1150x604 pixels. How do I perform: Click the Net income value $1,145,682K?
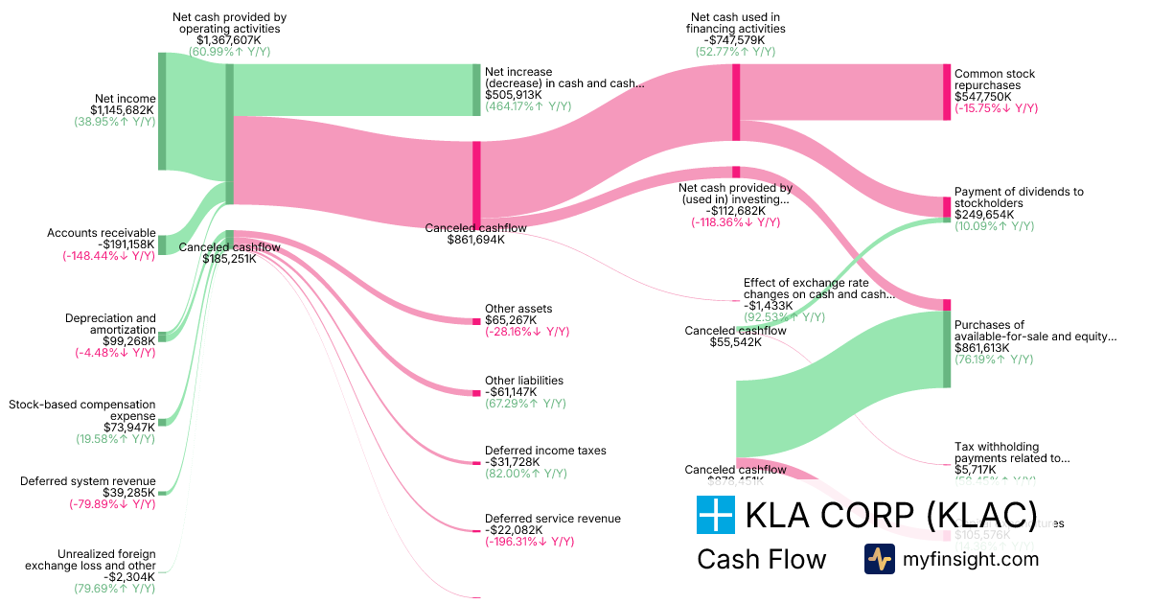point(122,110)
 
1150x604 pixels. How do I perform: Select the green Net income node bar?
point(162,111)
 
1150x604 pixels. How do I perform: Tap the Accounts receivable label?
point(101,233)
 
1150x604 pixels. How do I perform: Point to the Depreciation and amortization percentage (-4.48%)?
point(115,353)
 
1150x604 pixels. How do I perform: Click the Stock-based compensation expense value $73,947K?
point(128,428)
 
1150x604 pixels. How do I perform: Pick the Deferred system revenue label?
point(87,481)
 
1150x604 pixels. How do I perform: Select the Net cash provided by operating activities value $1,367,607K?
point(229,40)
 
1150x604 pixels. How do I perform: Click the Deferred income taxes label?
point(545,451)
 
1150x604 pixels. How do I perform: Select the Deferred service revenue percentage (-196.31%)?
point(529,542)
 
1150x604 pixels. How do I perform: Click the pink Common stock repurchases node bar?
point(947,93)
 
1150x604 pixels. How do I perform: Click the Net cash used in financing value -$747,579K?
point(735,40)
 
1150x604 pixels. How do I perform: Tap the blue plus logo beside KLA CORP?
point(715,515)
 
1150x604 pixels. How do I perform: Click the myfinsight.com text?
point(970,559)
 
